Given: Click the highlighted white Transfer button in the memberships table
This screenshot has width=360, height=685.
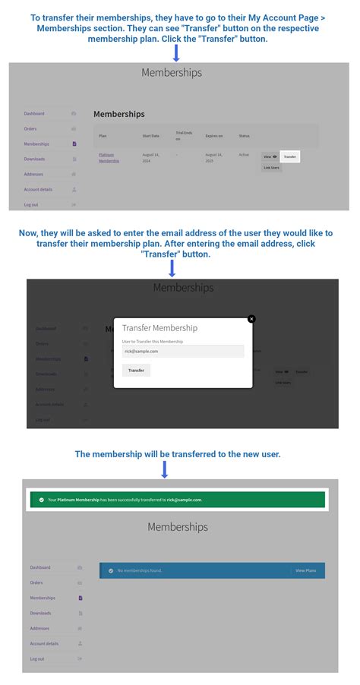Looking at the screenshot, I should click(x=289, y=156).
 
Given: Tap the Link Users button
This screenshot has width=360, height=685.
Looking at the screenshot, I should click(x=271, y=167).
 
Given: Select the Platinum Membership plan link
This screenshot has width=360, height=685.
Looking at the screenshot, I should click(x=109, y=157).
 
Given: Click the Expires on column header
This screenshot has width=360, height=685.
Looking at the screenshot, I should click(x=214, y=136).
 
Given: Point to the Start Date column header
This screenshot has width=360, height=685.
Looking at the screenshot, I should click(x=152, y=136).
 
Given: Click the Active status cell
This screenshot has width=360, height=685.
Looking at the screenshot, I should click(x=244, y=154).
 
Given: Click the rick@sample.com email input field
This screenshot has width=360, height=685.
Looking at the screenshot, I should click(x=182, y=351).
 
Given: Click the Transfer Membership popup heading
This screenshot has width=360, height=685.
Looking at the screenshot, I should click(x=159, y=328).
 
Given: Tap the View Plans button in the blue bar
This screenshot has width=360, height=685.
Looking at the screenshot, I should click(x=306, y=570).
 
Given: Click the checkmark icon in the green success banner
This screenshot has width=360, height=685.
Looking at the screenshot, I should click(x=41, y=500).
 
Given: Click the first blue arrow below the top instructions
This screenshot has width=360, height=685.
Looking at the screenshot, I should click(x=176, y=53).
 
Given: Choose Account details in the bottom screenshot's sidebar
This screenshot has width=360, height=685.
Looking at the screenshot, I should click(x=44, y=643).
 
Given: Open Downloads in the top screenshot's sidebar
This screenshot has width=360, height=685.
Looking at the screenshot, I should click(x=34, y=159).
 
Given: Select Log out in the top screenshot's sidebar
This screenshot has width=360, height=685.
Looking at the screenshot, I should click(x=31, y=204).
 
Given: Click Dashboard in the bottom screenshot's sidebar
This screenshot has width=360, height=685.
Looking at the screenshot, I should click(x=40, y=567).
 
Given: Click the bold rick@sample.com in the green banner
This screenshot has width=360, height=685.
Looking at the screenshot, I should click(x=185, y=500).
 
